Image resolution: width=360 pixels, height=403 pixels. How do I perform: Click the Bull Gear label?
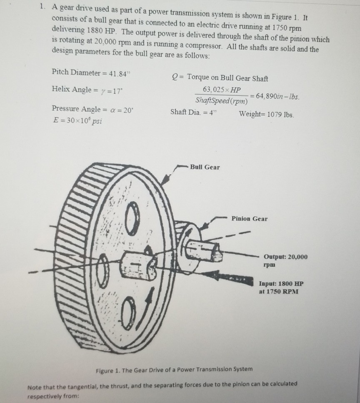click(205, 167)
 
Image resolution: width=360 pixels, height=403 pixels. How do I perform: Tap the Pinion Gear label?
click(250, 218)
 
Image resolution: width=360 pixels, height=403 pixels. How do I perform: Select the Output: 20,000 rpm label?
click(285, 260)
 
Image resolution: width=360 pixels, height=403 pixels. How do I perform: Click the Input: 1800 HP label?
click(281, 287)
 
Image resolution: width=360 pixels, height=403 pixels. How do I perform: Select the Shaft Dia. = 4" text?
click(194, 112)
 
